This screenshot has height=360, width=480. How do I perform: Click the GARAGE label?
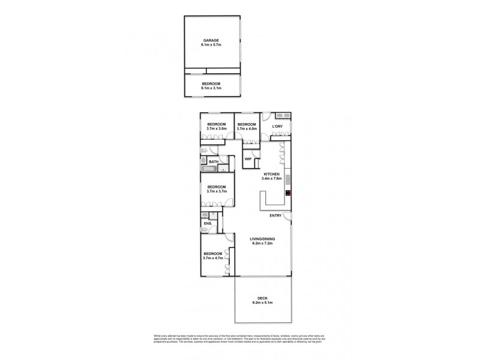[x=211, y=41]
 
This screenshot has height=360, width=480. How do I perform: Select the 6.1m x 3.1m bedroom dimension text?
[x=211, y=88]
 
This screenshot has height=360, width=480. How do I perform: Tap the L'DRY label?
[x=277, y=127]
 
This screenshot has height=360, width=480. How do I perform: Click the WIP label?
[x=247, y=159]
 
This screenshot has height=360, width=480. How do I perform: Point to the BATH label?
[x=214, y=162]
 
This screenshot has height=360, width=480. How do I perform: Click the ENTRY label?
[x=276, y=216]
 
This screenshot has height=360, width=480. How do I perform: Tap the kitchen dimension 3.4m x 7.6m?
[x=272, y=179]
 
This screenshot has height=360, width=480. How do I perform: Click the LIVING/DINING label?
[x=262, y=241]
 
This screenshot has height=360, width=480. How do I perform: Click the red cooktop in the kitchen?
[x=288, y=193]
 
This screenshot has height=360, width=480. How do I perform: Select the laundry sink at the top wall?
[x=283, y=115]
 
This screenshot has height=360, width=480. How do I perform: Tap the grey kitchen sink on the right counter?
[x=288, y=179]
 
